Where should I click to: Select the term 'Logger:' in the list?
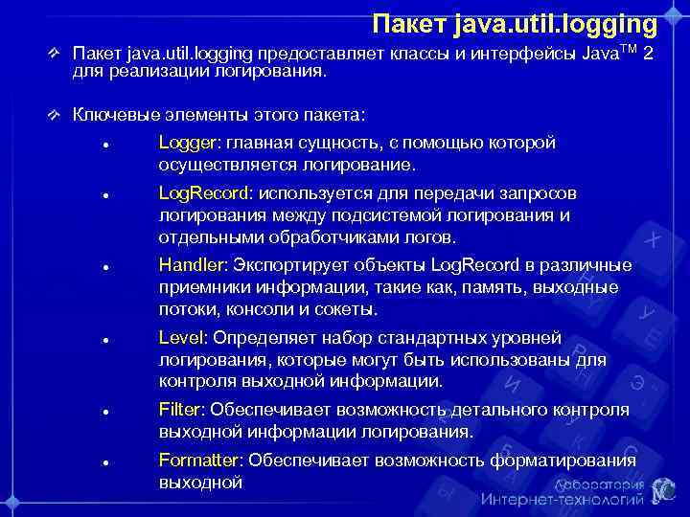click(x=190, y=143)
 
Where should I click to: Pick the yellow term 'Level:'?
click(x=184, y=337)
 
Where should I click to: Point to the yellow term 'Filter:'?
click(x=182, y=410)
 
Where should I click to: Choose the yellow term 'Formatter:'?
click(x=201, y=460)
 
